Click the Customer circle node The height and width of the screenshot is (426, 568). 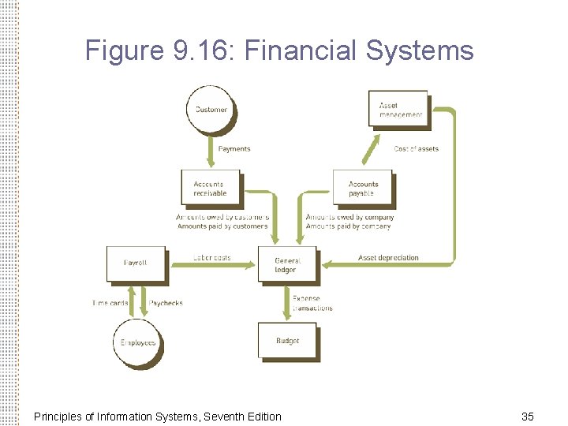211,110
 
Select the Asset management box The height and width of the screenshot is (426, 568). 399,110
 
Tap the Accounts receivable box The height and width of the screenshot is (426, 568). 210,189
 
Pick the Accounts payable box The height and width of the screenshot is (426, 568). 362,189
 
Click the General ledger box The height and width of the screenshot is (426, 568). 286,265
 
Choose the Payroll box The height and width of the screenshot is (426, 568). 136,263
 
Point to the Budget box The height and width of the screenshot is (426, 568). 287,341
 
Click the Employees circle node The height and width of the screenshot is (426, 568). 138,342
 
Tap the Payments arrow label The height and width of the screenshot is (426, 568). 234,149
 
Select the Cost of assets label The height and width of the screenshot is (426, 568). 416,149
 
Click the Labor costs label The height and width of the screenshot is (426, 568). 211,258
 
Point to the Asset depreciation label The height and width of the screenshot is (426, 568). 388,258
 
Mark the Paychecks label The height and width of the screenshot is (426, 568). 166,303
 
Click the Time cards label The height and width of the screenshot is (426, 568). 110,303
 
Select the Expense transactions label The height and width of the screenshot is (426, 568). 312,304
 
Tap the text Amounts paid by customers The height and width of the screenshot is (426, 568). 222,226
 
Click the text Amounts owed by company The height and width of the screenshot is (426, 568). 349,217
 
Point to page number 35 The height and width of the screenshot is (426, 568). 528,416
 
